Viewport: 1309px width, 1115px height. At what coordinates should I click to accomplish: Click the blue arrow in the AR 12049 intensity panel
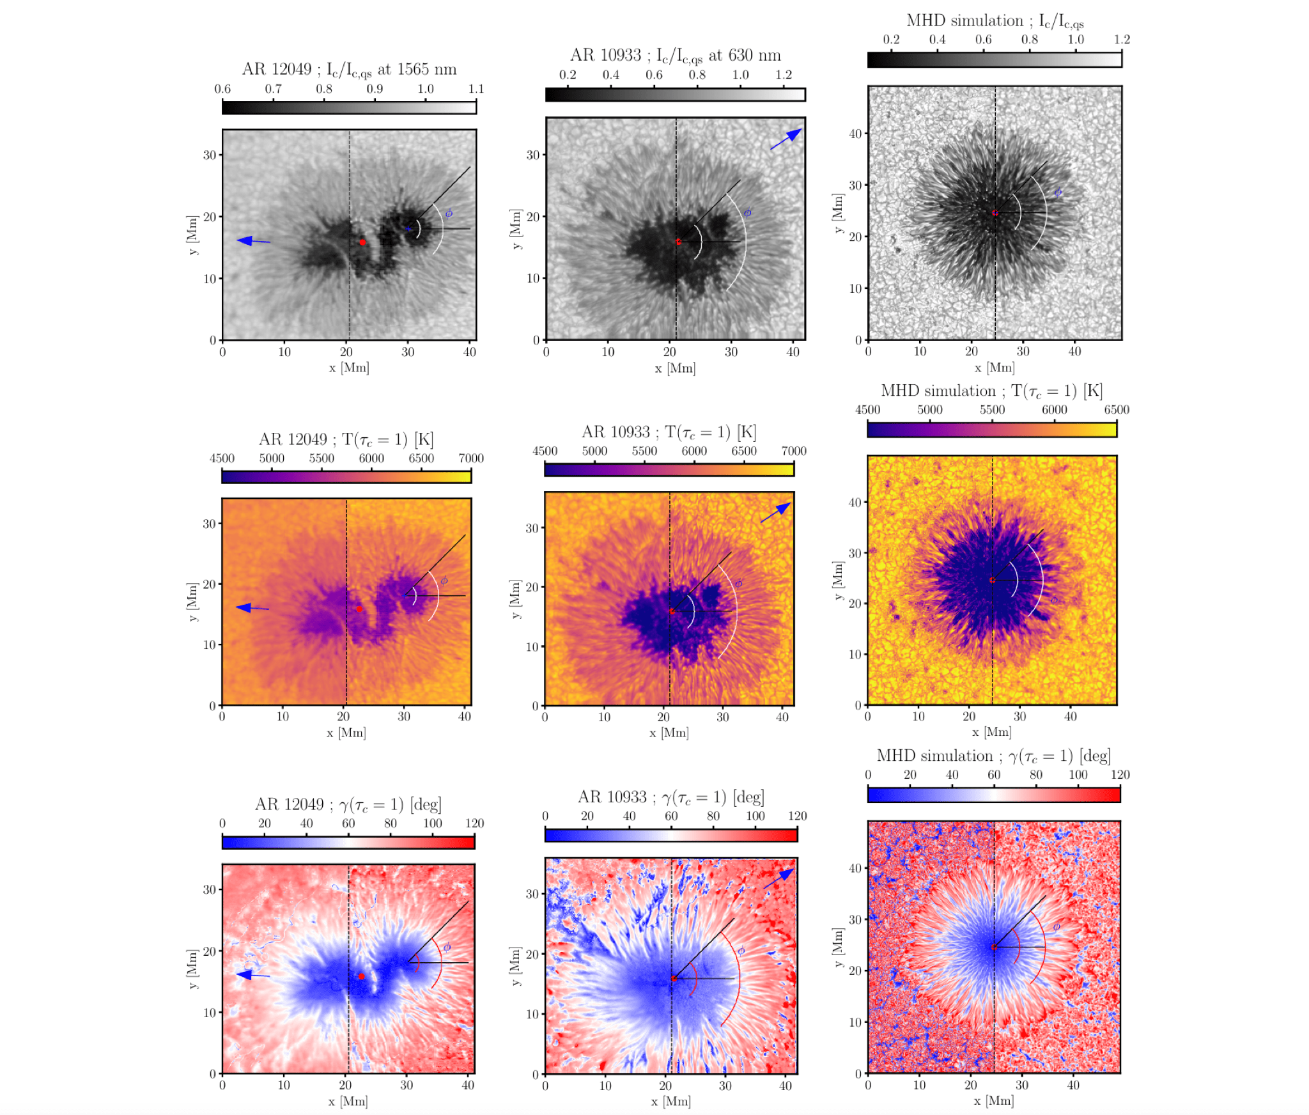[253, 241]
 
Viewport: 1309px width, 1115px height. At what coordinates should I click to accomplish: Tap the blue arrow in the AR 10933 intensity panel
[786, 139]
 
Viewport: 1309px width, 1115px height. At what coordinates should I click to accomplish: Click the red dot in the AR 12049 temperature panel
[359, 609]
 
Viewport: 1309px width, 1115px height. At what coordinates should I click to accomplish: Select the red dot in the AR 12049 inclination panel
[361, 976]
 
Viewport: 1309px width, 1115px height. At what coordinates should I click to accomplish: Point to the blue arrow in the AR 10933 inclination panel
[780, 878]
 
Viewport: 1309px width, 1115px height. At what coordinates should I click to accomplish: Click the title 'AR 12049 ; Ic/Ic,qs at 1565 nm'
[349, 69]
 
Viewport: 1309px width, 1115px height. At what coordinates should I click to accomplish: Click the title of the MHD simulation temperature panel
[991, 391]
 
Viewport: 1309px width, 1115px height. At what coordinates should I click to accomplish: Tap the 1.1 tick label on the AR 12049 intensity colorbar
[476, 89]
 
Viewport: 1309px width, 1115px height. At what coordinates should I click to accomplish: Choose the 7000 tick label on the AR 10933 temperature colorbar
[793, 451]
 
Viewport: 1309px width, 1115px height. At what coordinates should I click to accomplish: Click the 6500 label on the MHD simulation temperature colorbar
[1116, 410]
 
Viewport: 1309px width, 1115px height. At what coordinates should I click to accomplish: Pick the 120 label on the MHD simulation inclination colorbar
[1120, 775]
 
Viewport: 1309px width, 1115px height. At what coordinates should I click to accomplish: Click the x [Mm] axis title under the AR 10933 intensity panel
[675, 368]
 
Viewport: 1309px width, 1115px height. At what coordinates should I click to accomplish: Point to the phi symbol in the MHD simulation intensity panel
[1058, 192]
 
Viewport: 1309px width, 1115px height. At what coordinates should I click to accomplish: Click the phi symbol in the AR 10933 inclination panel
[741, 951]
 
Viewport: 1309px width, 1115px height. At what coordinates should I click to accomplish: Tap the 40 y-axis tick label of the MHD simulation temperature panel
[855, 502]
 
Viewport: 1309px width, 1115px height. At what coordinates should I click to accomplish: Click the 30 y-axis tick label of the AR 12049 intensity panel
[210, 155]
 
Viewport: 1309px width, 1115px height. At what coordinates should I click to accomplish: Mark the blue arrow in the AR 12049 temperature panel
[252, 608]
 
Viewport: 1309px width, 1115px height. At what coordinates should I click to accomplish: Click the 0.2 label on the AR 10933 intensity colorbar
[568, 75]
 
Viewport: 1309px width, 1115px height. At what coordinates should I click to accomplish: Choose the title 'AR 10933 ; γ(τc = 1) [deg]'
[670, 797]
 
